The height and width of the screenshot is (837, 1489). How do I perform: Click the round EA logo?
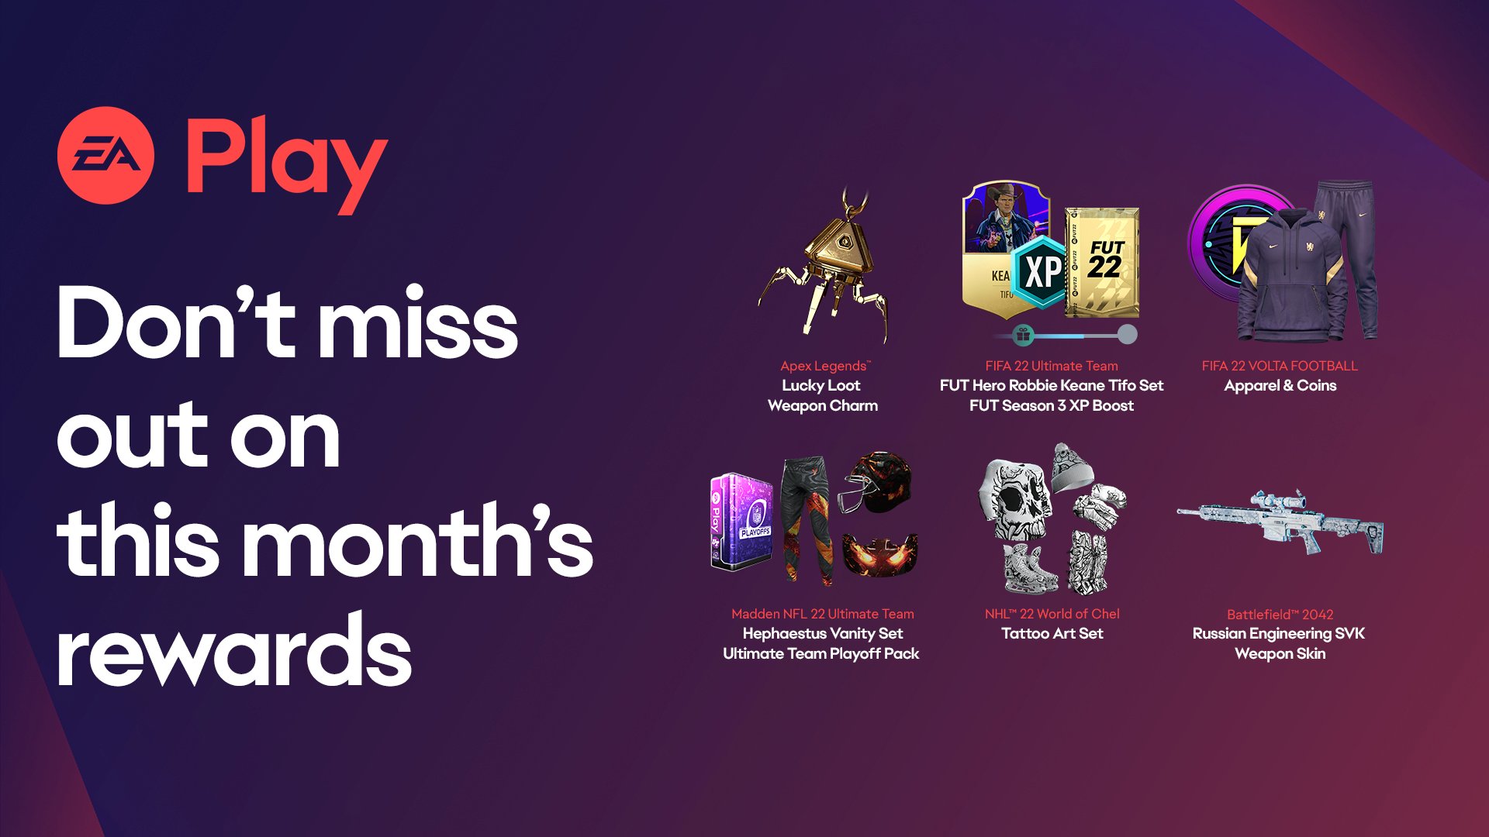coord(105,155)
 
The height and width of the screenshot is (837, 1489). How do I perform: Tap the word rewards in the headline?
coord(234,650)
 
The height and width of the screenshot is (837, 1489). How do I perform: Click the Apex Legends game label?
coord(825,366)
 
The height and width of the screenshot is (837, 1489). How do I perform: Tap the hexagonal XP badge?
coord(1042,271)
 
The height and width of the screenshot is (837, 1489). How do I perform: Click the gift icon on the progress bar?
coord(1023,335)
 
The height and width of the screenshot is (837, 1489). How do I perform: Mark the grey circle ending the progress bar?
coord(1127,335)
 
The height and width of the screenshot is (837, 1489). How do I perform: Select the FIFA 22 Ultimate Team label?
coord(1052,366)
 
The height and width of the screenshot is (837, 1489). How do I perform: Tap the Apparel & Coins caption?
coord(1280,385)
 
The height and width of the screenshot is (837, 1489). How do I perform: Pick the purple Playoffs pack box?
coord(742,521)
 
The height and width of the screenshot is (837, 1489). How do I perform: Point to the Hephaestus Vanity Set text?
coord(823,633)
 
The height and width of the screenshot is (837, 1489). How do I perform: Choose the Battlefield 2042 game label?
coord(1280,615)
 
